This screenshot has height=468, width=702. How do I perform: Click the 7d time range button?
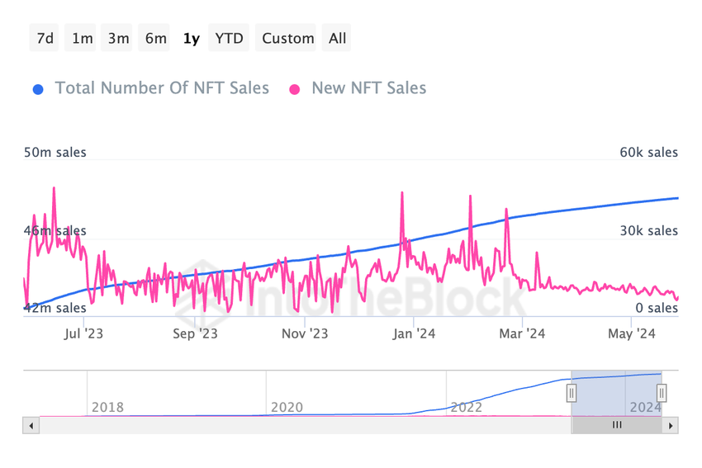45,38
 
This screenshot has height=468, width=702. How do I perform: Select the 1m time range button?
83,38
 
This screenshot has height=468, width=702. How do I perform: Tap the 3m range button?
119,38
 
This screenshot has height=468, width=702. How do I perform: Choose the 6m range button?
156,38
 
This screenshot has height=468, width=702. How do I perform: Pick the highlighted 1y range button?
192,38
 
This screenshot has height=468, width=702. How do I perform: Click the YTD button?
229,38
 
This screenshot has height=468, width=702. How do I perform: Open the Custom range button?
288,38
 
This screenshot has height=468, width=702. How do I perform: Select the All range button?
338,38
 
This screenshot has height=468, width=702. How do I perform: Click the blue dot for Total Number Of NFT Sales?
37,88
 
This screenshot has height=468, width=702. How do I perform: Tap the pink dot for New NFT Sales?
295,88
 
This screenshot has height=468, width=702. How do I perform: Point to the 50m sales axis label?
55,153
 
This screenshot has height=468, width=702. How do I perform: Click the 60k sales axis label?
649,153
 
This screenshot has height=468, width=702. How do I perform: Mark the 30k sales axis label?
649,231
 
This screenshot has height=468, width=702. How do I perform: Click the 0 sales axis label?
657,308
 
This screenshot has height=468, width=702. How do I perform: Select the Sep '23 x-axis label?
195,333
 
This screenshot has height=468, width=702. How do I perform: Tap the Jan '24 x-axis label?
414,333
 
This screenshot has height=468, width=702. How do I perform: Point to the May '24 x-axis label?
632,333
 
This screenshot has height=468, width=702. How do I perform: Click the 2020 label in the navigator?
287,407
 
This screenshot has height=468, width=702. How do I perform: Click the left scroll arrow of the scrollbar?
31,426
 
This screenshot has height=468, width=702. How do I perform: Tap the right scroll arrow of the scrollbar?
671,426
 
